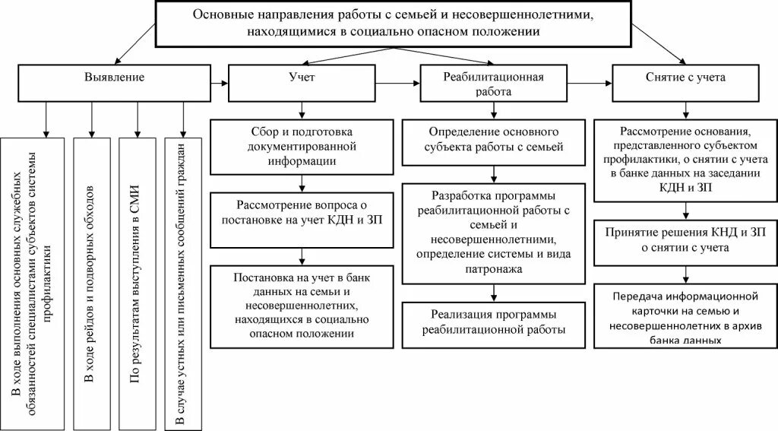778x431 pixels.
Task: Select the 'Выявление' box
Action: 113,78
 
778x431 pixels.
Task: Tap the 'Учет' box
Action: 303,78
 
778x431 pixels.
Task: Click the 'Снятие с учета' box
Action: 685,78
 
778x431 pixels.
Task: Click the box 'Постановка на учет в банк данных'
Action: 302,302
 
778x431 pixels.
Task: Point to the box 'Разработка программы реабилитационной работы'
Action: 494,232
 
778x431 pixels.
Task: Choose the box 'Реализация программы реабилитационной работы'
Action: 494,322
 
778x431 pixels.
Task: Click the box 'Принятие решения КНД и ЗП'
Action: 685,239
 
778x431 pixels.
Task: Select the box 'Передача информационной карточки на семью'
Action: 685,316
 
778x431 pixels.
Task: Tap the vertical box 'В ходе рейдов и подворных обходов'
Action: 91,283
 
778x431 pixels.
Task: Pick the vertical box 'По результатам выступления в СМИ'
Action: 137,283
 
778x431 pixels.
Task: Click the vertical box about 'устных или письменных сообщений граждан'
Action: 182,283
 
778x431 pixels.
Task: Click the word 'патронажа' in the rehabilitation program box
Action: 494,268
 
